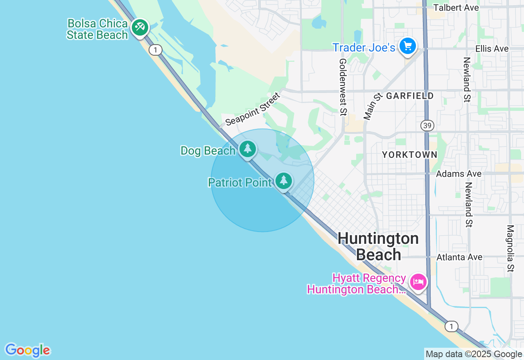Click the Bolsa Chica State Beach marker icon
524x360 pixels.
click(140, 27)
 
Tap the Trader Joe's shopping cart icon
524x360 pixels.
click(407, 46)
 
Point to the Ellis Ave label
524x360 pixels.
click(492, 49)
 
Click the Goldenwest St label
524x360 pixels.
click(343, 87)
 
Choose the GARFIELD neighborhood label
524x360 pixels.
click(410, 96)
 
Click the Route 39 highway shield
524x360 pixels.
click(427, 126)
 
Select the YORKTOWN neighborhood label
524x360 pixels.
click(409, 155)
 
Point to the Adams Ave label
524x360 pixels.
click(458, 174)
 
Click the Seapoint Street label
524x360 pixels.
click(253, 109)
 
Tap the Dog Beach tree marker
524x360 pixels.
click(248, 149)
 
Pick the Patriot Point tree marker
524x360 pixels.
click(283, 180)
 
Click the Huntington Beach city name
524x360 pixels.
click(378, 246)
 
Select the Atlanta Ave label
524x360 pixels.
click(459, 257)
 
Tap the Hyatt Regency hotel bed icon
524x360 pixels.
click(418, 282)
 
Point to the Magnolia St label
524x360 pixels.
click(510, 248)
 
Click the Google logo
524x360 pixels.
click(27, 351)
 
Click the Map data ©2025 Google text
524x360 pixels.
click(474, 354)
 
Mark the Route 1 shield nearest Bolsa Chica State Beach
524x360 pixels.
click(155, 50)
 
